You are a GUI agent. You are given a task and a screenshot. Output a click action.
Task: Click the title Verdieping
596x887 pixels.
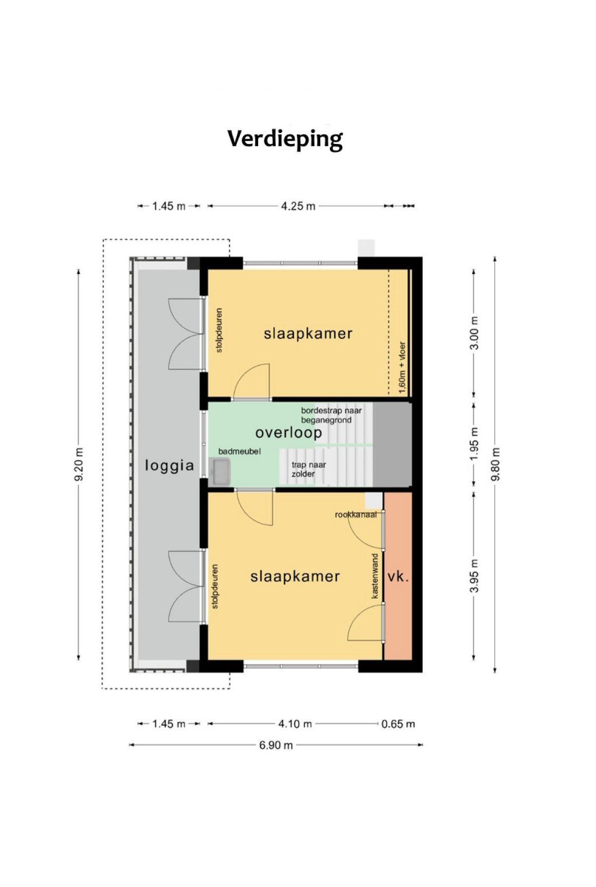(285, 139)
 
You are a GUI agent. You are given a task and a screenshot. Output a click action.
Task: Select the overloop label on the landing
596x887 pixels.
(289, 433)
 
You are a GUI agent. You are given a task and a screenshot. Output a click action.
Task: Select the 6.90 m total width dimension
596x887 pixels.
(276, 745)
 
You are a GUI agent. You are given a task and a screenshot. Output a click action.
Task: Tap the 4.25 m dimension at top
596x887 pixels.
(298, 206)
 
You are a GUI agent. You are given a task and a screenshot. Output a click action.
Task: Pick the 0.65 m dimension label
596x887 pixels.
(398, 724)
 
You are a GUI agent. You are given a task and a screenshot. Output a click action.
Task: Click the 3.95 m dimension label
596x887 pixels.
(475, 575)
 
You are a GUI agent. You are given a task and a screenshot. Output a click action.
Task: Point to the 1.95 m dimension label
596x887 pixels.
(475, 444)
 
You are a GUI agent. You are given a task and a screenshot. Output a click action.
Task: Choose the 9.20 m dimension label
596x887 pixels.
(78, 465)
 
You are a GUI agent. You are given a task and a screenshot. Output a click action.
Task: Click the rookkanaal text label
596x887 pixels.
(356, 515)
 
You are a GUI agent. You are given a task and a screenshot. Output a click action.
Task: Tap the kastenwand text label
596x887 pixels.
(375, 576)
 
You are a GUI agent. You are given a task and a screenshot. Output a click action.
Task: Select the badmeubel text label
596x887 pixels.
(239, 451)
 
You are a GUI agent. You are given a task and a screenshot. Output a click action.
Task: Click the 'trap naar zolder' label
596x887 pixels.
(308, 470)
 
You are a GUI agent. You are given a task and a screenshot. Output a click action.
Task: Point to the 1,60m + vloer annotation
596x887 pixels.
(402, 368)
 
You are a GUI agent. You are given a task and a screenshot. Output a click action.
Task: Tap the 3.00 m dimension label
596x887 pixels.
(475, 333)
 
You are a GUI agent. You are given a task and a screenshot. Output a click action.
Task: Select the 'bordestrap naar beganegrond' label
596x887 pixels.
(331, 415)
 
